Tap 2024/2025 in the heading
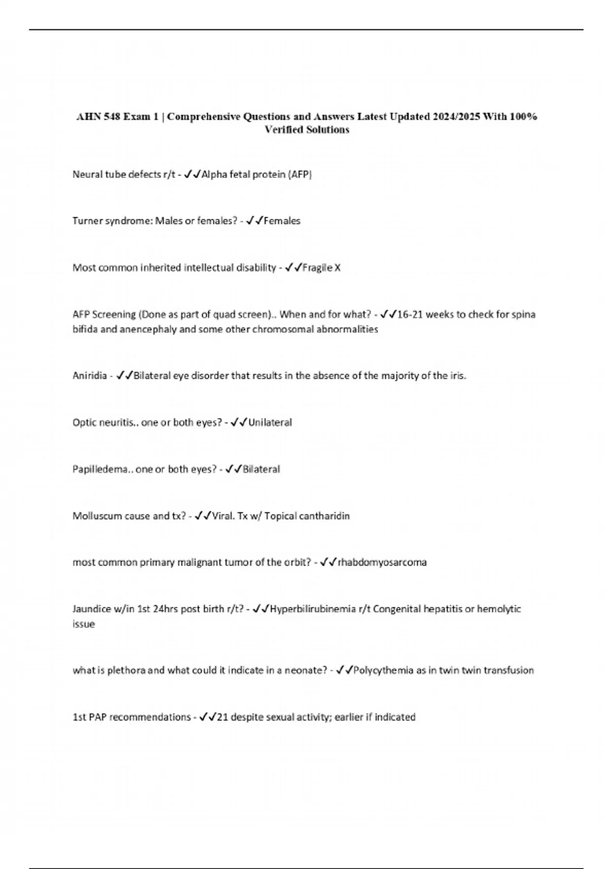pyautogui.click(x=457, y=117)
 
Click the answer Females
pyautogui.click(x=282, y=221)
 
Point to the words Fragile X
pyautogui.click(x=321, y=268)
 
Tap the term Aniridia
pyautogui.click(x=89, y=376)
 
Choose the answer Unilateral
pyautogui.click(x=270, y=423)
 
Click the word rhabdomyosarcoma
pyautogui.click(x=382, y=562)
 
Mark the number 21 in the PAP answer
pyautogui.click(x=222, y=717)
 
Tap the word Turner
pyautogui.click(x=88, y=221)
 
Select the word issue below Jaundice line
pyautogui.click(x=84, y=624)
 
